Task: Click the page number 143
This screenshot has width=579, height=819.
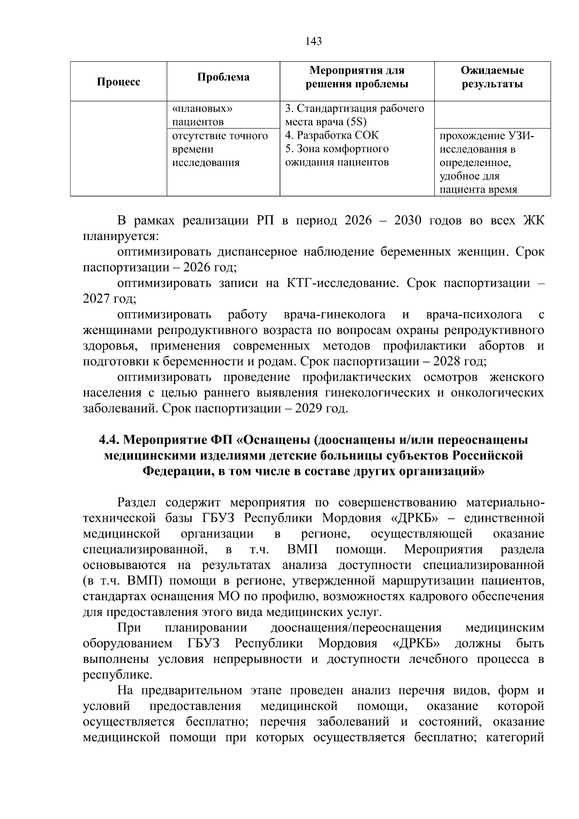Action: [314, 41]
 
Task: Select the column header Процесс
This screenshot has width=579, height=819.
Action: [119, 82]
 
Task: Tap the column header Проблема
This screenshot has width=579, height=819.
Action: [223, 77]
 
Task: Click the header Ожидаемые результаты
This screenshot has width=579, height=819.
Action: [492, 77]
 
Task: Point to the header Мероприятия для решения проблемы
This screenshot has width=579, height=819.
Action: [357, 77]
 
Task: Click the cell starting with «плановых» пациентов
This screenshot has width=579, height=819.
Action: [198, 115]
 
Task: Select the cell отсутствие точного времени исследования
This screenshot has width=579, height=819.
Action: [220, 149]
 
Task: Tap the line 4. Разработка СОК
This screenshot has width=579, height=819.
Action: [332, 136]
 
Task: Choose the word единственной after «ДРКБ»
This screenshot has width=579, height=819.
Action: [504, 518]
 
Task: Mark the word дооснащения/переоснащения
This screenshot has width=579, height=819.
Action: [356, 628]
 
